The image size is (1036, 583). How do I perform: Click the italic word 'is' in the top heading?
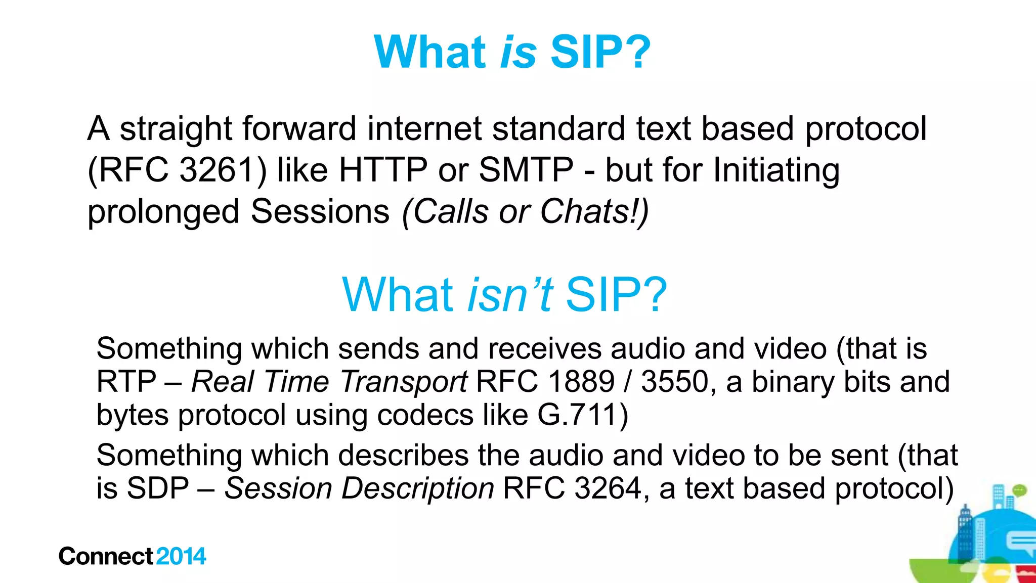518,53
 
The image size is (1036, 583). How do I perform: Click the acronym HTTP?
383,170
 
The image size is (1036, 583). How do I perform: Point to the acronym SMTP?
526,170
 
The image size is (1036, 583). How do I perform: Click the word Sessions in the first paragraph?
320,211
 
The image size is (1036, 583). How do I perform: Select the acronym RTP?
126,382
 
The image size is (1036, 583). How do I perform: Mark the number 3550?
674,382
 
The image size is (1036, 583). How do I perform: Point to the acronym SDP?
157,488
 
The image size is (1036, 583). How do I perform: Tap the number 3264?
608,488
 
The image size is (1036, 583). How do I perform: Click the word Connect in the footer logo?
106,556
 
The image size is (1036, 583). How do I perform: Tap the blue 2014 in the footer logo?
181,556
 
